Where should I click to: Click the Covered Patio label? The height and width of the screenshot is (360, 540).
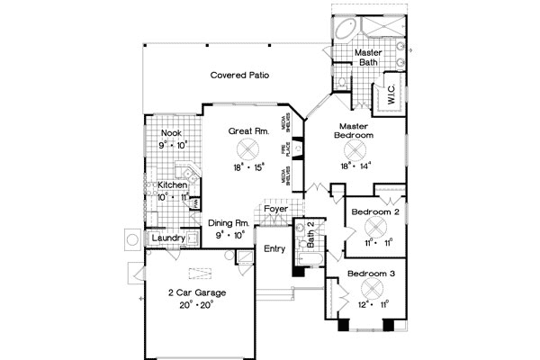[240, 76]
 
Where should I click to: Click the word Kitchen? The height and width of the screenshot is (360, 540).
[174, 185]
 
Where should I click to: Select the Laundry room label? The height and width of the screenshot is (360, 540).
[168, 238]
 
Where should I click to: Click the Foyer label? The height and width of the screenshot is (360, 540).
[275, 209]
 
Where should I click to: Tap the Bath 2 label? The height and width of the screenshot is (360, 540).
[310, 234]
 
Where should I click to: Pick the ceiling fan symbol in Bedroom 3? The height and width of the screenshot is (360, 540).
[371, 288]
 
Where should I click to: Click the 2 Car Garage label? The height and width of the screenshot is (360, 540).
[195, 293]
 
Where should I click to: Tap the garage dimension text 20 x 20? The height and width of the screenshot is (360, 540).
[195, 306]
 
